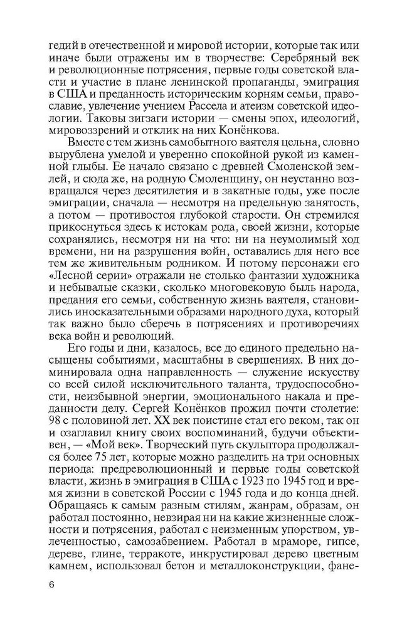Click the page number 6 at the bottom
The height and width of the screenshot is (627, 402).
51,585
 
